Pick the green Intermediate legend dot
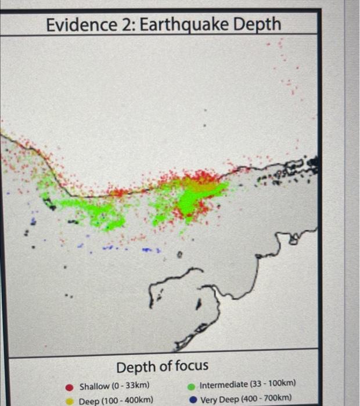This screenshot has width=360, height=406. [192, 385]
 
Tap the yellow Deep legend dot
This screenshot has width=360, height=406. [69, 400]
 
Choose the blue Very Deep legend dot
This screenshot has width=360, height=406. [192, 399]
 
